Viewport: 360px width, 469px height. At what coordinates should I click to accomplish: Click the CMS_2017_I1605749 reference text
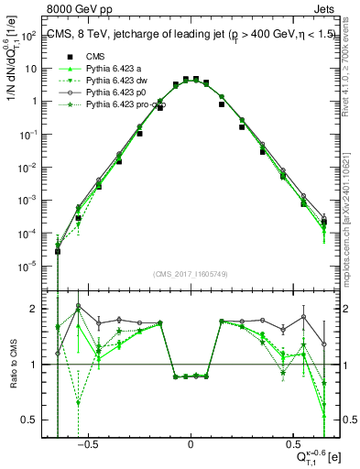tap(190, 274)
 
